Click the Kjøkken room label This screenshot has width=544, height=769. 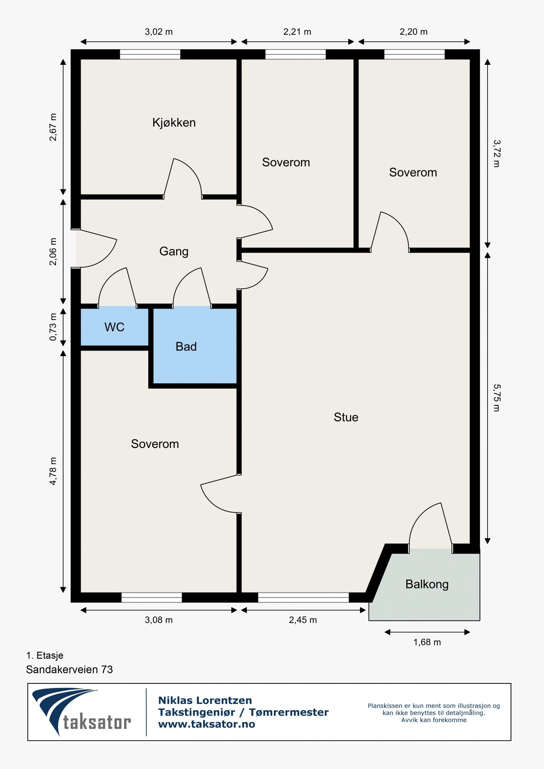click(x=174, y=123)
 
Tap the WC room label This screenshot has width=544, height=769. click(x=114, y=327)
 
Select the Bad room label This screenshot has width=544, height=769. click(x=186, y=347)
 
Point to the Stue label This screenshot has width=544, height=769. click(x=346, y=417)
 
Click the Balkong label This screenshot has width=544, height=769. click(x=427, y=584)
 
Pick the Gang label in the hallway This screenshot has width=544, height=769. click(x=174, y=252)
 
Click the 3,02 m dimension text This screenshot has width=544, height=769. click(x=159, y=32)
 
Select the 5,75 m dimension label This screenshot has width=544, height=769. click(x=496, y=398)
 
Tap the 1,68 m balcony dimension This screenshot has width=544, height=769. click(x=427, y=642)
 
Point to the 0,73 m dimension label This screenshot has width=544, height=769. click(x=53, y=327)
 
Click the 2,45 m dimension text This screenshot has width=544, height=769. click(x=303, y=620)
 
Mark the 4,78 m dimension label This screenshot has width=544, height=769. click(x=53, y=471)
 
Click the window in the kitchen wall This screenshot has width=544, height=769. click(x=150, y=54)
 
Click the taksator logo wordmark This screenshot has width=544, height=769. click(x=97, y=723)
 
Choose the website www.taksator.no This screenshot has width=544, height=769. click(x=207, y=724)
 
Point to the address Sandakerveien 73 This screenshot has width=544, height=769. click(x=69, y=669)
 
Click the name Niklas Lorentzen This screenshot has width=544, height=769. click(x=205, y=700)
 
